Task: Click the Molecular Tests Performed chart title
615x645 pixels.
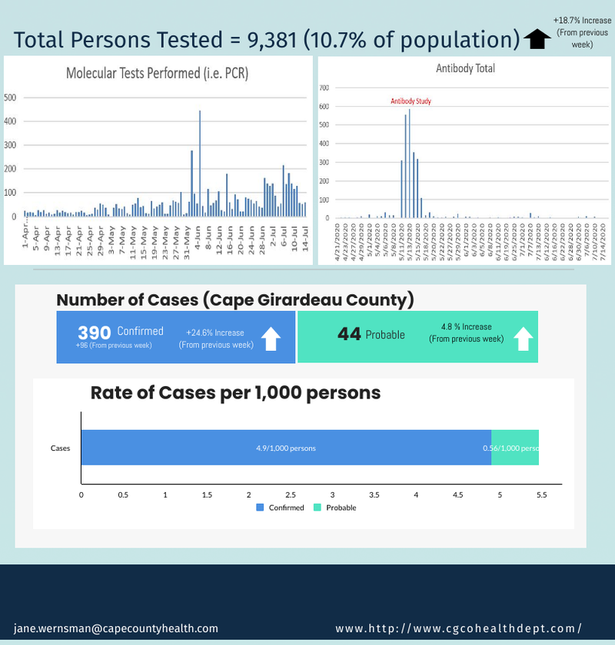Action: [x=157, y=74]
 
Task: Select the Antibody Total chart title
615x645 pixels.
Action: [x=465, y=68]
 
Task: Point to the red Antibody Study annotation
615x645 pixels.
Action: [x=411, y=101]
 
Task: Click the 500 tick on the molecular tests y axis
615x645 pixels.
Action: [x=10, y=98]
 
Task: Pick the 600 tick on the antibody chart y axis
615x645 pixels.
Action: [x=325, y=107]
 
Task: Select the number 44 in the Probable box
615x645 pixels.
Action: [x=349, y=334]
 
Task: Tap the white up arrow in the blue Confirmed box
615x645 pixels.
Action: [x=271, y=338]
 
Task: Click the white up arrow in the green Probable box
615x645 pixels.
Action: [x=523, y=338]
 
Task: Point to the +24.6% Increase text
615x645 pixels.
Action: [x=215, y=332]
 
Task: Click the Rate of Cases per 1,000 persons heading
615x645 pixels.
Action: [x=235, y=392]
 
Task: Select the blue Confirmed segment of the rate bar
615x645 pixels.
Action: [x=286, y=448]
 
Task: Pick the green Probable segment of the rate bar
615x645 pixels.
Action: [x=515, y=448]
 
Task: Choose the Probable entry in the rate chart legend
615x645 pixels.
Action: [x=336, y=508]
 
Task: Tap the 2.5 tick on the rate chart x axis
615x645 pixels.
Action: [x=291, y=495]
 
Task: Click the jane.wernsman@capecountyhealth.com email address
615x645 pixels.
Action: [x=116, y=628]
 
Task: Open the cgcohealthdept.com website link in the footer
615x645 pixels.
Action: [x=458, y=628]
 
